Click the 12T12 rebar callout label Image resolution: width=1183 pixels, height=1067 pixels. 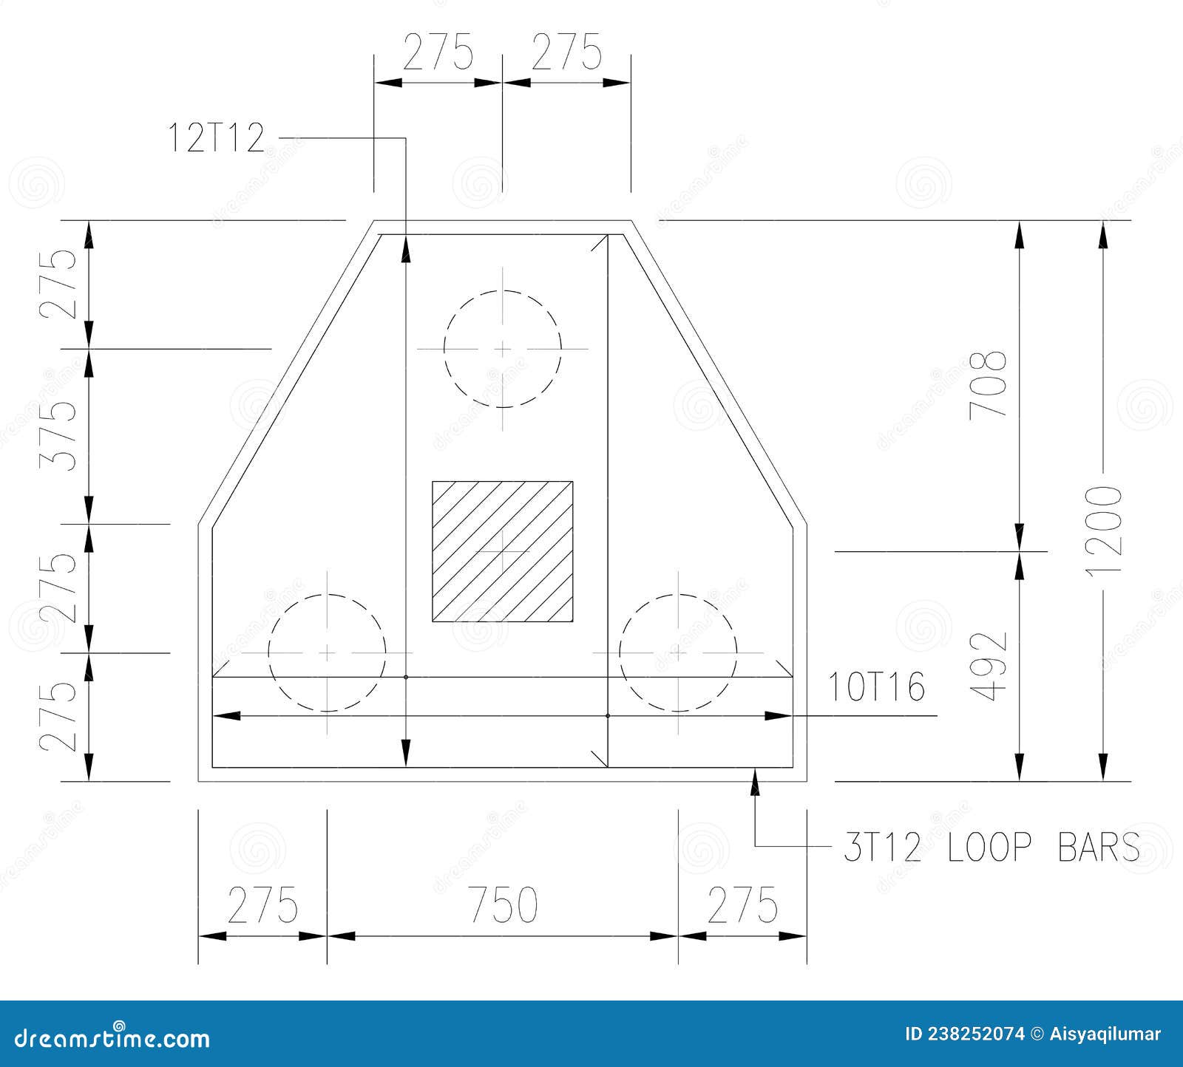[x=216, y=138]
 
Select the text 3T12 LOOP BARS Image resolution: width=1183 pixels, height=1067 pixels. [x=991, y=848]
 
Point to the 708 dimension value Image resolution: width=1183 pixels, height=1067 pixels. [x=989, y=384]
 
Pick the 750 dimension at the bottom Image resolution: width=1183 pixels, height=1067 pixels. [x=503, y=906]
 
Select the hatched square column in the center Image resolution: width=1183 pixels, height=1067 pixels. [x=503, y=551]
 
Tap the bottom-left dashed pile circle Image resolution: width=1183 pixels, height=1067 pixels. [x=327, y=652]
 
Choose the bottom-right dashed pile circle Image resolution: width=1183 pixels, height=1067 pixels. [x=678, y=652]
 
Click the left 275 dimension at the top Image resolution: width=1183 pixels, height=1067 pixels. [x=438, y=53]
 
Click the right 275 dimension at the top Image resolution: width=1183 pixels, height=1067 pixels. [x=567, y=53]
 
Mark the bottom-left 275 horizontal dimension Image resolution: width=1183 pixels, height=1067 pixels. [x=262, y=906]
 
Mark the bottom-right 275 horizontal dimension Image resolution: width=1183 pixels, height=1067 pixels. [x=742, y=906]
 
